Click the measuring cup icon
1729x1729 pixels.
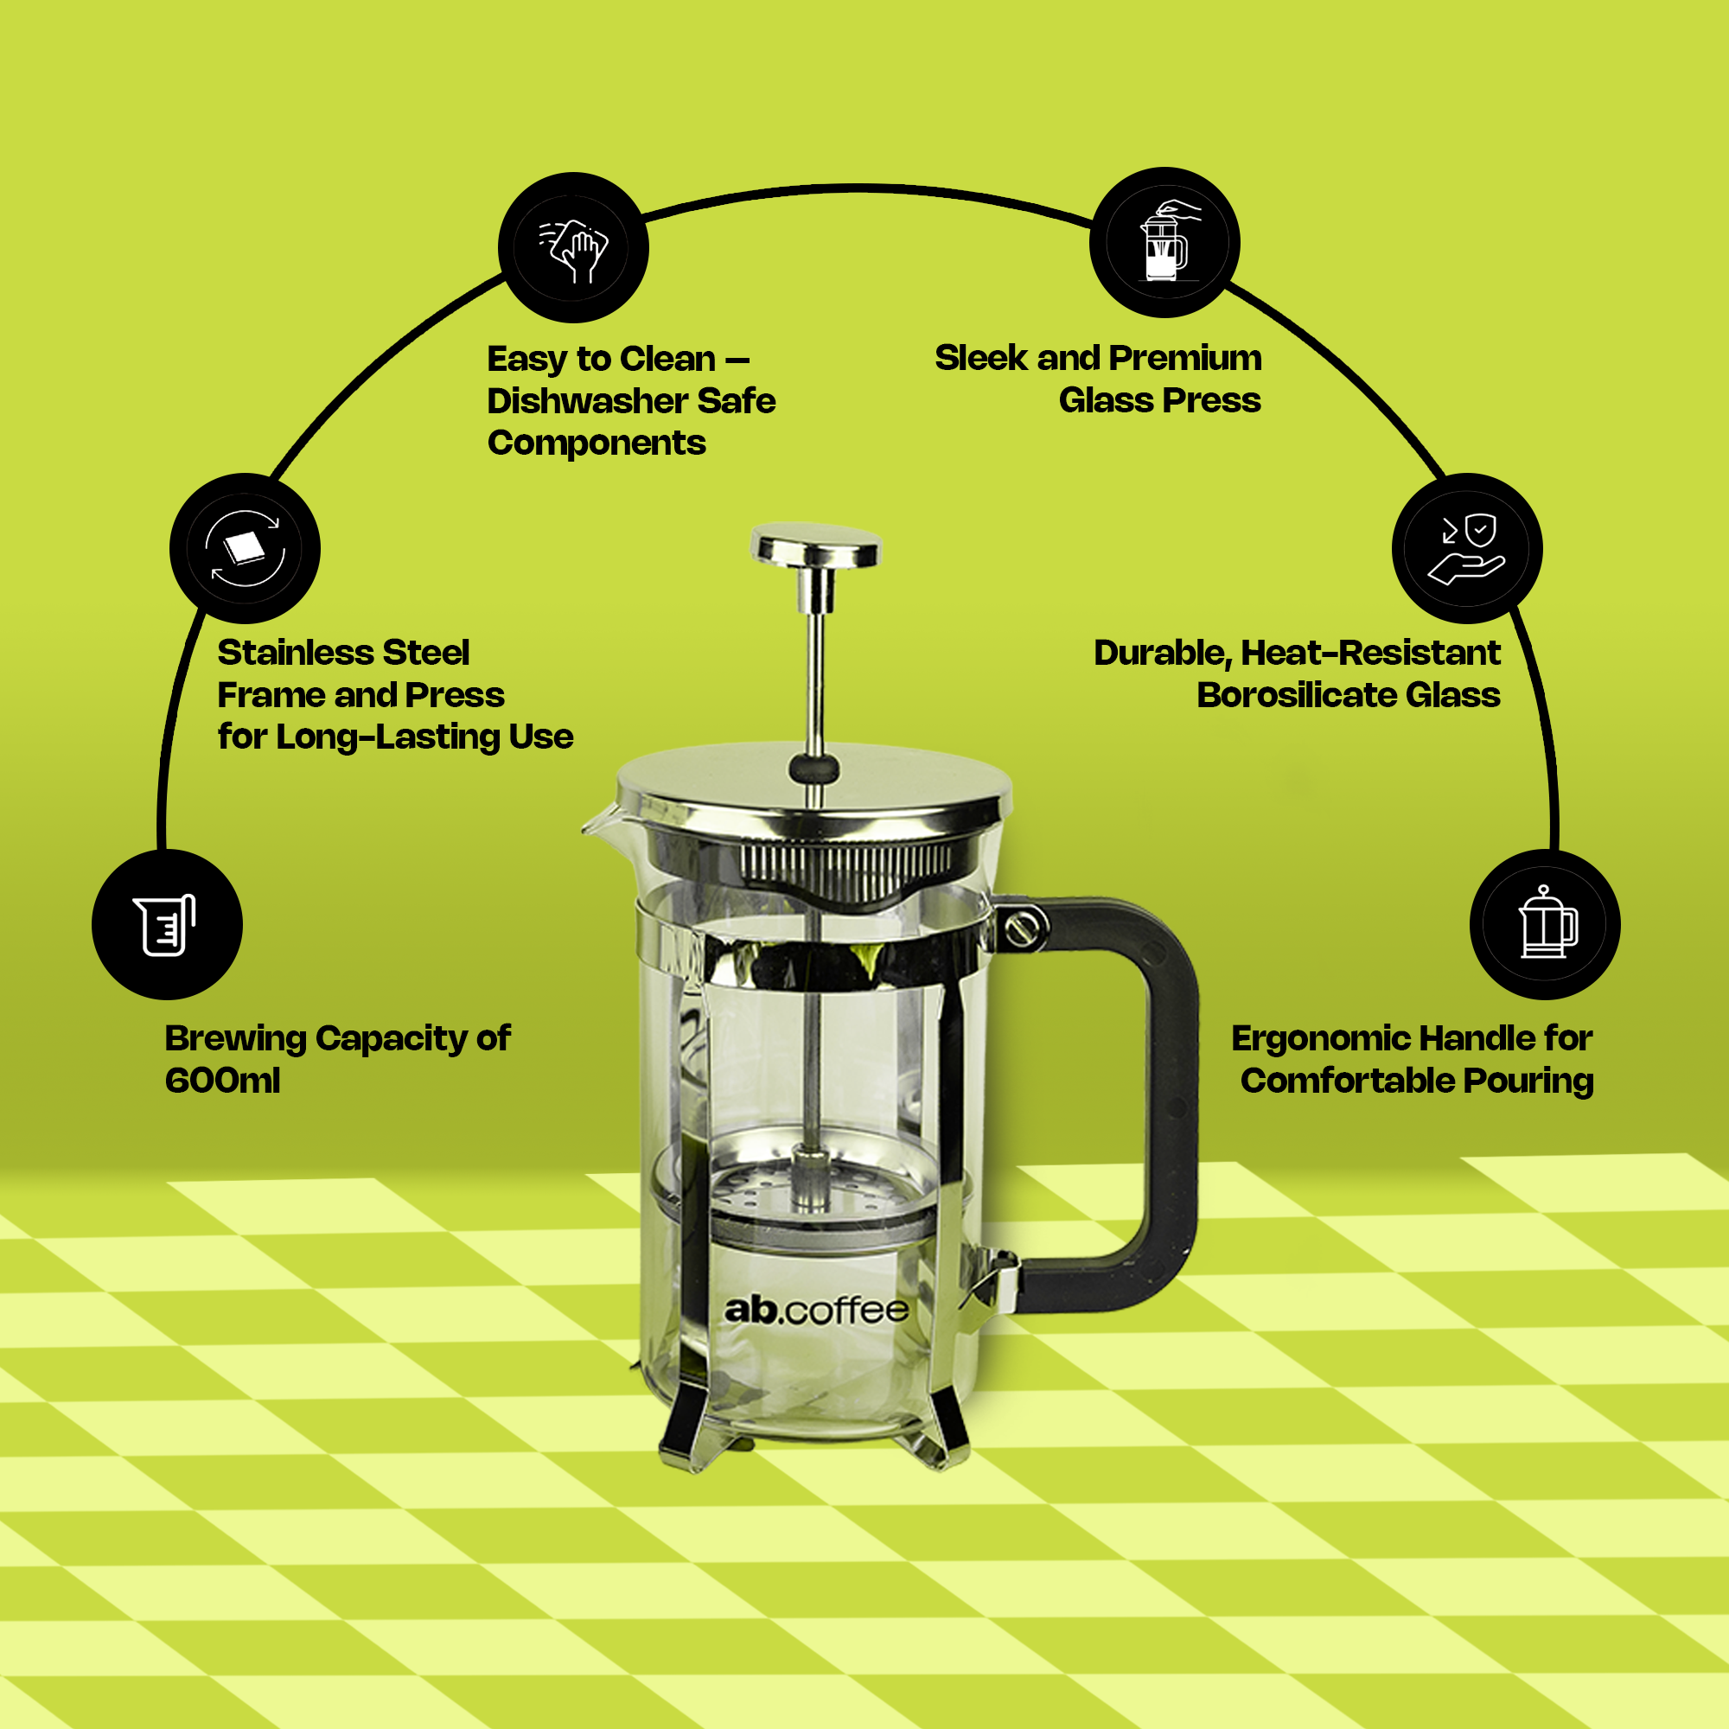pos(167,924)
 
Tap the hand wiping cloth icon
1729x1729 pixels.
pos(574,248)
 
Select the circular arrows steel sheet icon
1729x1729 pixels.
pos(245,548)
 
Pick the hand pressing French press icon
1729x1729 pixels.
pos(1164,242)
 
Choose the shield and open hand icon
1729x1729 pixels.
pos(1467,548)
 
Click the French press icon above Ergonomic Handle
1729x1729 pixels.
pos(1545,923)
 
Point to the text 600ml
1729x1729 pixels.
pos(222,1081)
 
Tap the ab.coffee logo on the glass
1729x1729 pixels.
pos(816,1311)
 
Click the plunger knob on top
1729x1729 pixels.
pos(816,545)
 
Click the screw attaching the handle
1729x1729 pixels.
pos(1021,928)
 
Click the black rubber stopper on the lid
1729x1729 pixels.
pos(813,768)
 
